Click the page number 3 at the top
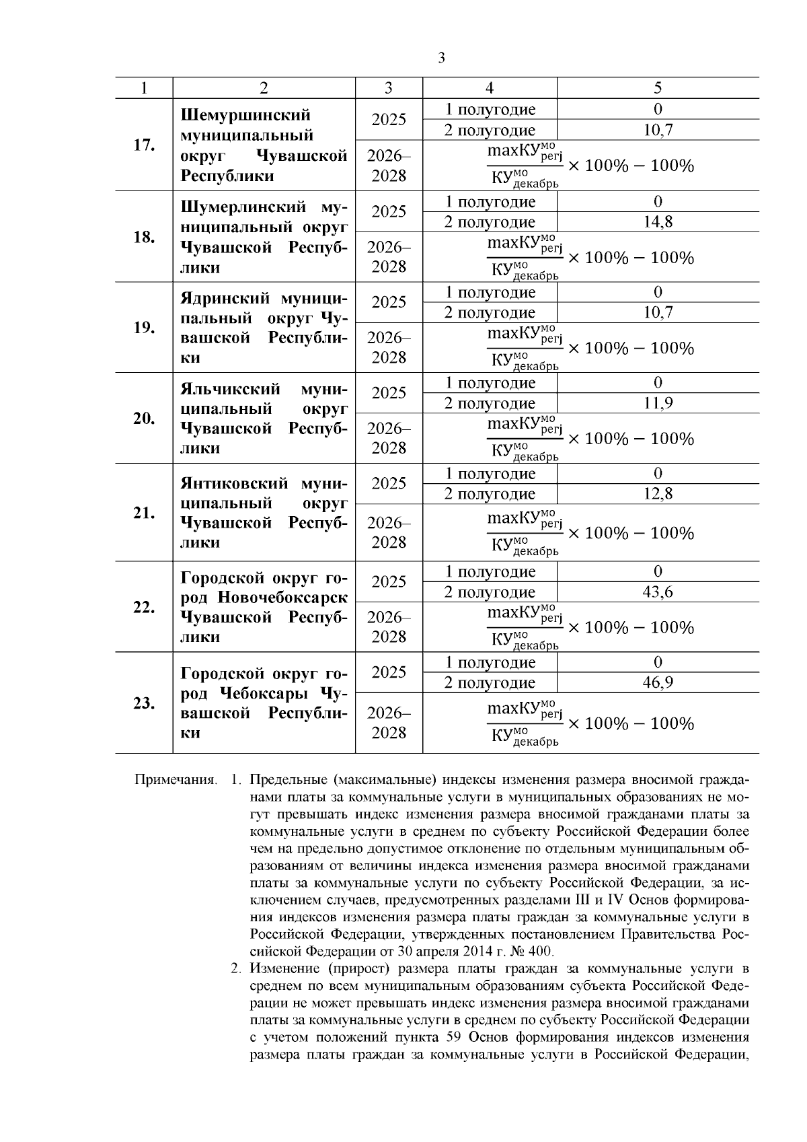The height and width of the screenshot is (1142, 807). (441, 59)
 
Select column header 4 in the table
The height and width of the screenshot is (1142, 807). (490, 88)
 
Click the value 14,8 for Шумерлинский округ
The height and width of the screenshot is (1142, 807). (658, 222)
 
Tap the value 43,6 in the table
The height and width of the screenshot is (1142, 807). (658, 592)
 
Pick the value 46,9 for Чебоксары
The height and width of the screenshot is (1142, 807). (658, 683)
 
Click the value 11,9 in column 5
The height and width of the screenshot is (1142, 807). (658, 404)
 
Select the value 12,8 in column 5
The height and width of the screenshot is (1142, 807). (658, 494)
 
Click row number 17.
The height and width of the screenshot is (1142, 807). (143, 145)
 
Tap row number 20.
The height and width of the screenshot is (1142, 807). (143, 419)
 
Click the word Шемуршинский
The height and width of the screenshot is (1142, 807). (245, 115)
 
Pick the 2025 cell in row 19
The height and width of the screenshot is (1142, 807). (389, 303)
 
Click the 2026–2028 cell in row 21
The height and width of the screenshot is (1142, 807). (389, 532)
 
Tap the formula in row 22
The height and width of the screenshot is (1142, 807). (590, 628)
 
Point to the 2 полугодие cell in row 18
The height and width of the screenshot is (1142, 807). (490, 222)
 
